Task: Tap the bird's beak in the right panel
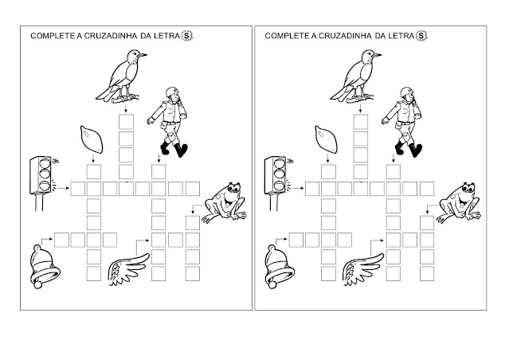[x=377, y=55]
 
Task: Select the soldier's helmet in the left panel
[x=172, y=92]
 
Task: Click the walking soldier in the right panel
[x=402, y=122]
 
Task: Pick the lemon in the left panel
[x=92, y=139]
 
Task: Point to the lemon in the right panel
[x=326, y=139]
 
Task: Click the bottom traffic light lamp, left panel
[x=45, y=186]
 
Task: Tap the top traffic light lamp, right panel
[x=279, y=162]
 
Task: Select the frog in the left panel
[x=225, y=202]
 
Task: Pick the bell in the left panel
[x=45, y=267]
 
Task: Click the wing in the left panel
[x=129, y=269]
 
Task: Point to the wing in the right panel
[x=363, y=269]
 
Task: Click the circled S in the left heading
[x=186, y=35]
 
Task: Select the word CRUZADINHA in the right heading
[x=345, y=36]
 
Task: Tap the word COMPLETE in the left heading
[x=53, y=36]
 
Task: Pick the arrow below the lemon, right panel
[x=327, y=158]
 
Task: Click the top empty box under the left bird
[x=126, y=122]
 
